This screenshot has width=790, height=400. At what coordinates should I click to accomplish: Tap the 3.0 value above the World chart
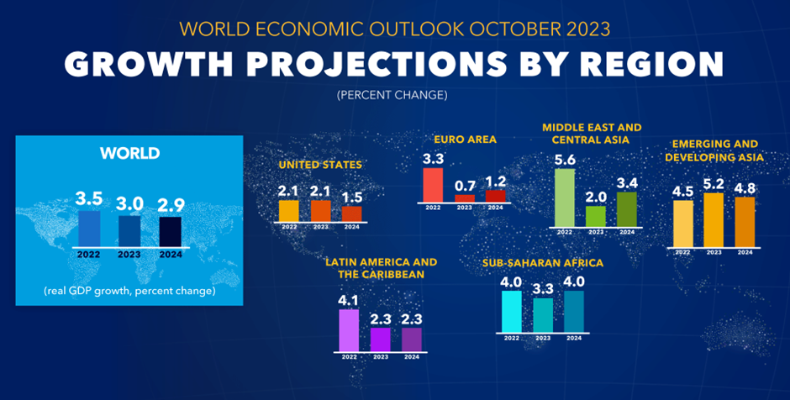(x=129, y=204)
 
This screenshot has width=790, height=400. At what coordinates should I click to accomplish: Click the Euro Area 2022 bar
(x=433, y=184)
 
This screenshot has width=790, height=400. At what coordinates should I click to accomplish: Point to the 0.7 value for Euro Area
(x=465, y=185)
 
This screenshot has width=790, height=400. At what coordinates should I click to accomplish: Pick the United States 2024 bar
(x=352, y=213)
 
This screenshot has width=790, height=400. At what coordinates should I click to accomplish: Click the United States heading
(x=320, y=165)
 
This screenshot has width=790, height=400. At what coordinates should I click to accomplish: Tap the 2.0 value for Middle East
(x=596, y=195)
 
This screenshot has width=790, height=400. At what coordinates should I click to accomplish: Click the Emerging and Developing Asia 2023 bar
(x=714, y=220)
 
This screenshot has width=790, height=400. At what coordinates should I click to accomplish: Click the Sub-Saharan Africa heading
(x=543, y=263)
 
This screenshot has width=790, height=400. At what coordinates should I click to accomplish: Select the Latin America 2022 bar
(x=349, y=329)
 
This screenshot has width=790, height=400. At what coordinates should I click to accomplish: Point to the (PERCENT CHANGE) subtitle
(x=394, y=96)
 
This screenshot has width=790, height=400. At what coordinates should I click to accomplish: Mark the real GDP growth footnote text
(x=129, y=291)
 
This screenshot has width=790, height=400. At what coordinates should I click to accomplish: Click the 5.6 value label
(x=565, y=159)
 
